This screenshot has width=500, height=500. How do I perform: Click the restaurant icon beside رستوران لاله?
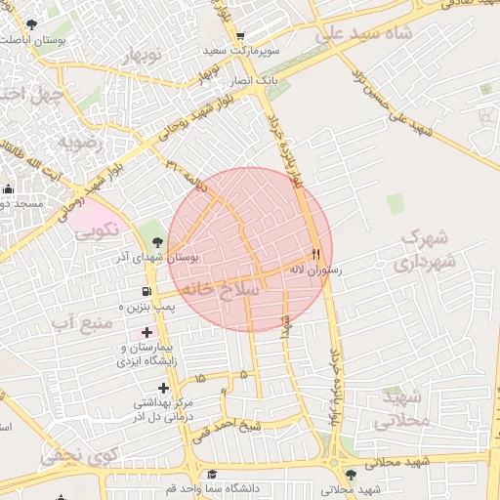(314, 250)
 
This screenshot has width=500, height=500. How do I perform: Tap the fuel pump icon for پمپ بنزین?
(146, 291)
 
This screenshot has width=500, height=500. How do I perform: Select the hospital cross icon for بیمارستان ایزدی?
(146, 333)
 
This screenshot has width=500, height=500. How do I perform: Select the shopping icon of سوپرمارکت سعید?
(291, 49)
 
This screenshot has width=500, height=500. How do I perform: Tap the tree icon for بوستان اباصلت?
(32, 23)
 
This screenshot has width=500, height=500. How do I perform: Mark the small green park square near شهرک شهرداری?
(395, 203)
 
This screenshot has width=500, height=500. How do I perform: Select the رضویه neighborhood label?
(80, 143)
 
